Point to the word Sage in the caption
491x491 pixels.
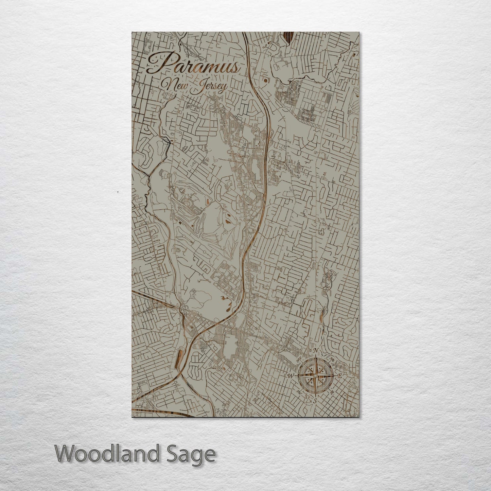[x=193, y=454]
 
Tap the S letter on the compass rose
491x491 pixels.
[x=315, y=401]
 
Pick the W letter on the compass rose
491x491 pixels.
[x=291, y=376]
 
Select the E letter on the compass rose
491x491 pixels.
[x=340, y=376]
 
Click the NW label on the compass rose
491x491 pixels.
[x=299, y=359]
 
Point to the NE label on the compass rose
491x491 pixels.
[x=332, y=359]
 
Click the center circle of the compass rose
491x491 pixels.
[x=315, y=376]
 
